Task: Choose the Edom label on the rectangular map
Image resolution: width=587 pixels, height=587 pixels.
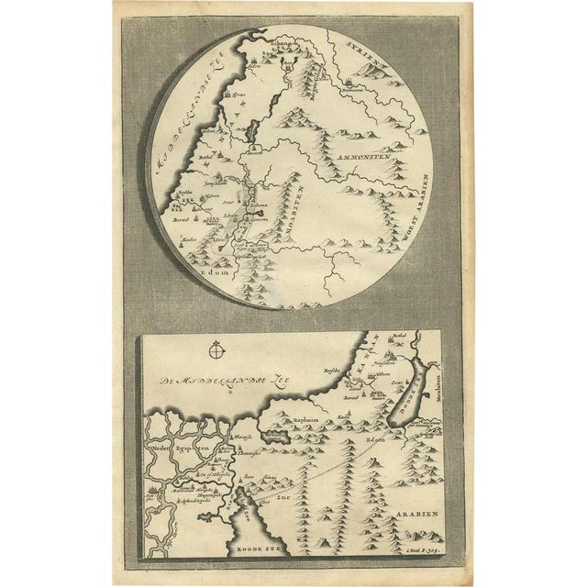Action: click(369, 438)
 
